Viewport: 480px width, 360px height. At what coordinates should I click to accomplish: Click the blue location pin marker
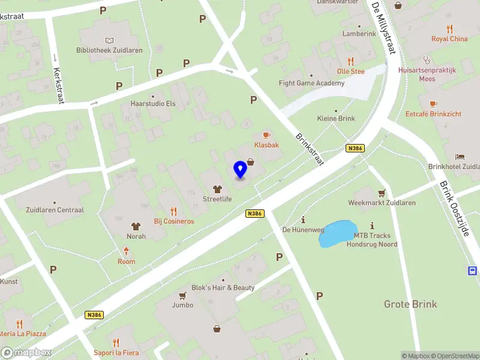click(240, 169)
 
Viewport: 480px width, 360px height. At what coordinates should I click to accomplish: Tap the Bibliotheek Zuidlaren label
click(109, 50)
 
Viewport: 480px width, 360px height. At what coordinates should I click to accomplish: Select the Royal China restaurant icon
click(449, 29)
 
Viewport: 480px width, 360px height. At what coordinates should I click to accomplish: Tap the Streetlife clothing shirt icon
click(217, 189)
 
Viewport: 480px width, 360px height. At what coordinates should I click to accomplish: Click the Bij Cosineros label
click(174, 221)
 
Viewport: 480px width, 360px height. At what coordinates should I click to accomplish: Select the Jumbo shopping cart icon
click(182, 295)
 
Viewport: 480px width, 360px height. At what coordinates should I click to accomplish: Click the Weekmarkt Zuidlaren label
click(382, 203)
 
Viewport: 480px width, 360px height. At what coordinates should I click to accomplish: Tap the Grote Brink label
click(410, 304)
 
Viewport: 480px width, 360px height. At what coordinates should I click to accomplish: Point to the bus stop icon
click(473, 271)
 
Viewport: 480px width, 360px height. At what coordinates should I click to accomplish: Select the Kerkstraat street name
click(58, 84)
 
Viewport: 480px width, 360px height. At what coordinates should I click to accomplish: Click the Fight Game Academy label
click(311, 83)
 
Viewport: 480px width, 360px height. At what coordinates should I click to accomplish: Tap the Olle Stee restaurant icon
click(351, 61)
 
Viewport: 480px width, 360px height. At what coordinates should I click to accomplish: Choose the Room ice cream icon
click(127, 251)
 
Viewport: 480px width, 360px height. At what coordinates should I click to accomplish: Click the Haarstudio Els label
click(153, 103)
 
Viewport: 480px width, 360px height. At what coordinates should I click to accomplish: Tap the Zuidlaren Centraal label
click(55, 210)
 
